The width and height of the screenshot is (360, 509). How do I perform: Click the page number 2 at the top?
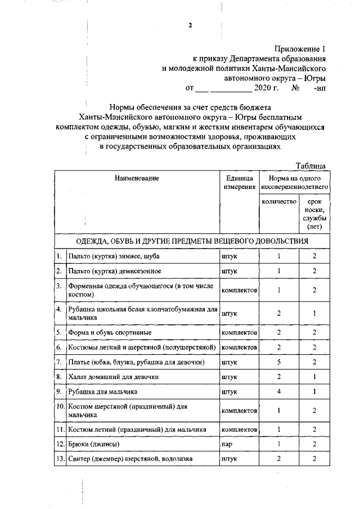point(190,25)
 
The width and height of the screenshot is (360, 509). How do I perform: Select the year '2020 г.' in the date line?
point(266,88)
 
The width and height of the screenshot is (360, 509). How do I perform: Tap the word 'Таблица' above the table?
point(311,165)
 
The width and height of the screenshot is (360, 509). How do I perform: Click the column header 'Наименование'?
point(137,178)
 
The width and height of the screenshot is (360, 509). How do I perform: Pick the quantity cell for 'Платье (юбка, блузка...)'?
point(279,362)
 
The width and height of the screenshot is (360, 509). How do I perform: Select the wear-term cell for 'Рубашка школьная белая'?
point(314,313)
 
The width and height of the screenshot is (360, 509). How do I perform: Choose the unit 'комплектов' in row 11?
point(240,430)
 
